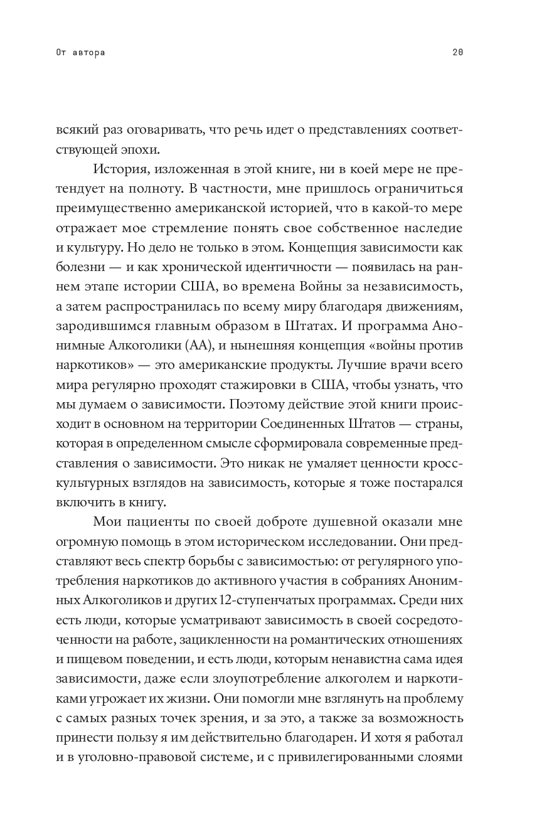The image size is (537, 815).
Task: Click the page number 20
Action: (457, 53)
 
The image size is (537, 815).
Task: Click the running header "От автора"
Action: (80, 53)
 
